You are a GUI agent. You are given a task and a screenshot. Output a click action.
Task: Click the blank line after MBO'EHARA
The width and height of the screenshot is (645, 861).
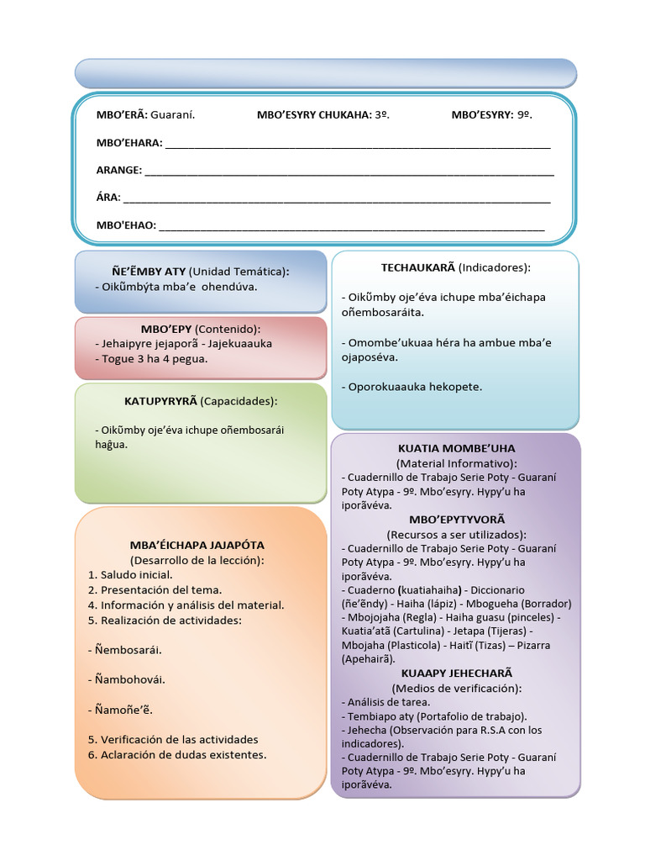[x=358, y=145]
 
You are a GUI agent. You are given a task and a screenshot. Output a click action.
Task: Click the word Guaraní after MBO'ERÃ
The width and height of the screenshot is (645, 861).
[x=173, y=115]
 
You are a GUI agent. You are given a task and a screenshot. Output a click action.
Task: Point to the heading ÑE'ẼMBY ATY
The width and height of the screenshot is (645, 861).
[x=143, y=272]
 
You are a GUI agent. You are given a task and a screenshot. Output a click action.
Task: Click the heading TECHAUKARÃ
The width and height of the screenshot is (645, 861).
[x=418, y=267]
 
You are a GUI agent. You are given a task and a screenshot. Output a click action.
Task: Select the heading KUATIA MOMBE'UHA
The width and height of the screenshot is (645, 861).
[x=456, y=448]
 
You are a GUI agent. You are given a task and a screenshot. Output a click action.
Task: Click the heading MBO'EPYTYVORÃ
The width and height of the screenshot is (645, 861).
[x=456, y=520]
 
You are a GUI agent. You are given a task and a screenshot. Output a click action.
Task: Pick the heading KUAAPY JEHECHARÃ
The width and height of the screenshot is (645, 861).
[x=456, y=673]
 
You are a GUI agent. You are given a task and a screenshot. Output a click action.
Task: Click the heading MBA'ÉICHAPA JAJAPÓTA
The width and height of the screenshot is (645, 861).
[x=197, y=545]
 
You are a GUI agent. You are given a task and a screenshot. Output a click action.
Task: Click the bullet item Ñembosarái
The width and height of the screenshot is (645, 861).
[x=128, y=650]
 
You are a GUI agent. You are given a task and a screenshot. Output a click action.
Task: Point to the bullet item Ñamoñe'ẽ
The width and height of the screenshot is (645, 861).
[x=123, y=710]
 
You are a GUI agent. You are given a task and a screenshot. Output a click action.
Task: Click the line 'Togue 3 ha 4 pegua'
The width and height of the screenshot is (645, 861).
[x=151, y=358]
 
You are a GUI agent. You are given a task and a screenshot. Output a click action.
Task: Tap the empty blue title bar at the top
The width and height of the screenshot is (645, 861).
[x=326, y=73]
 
